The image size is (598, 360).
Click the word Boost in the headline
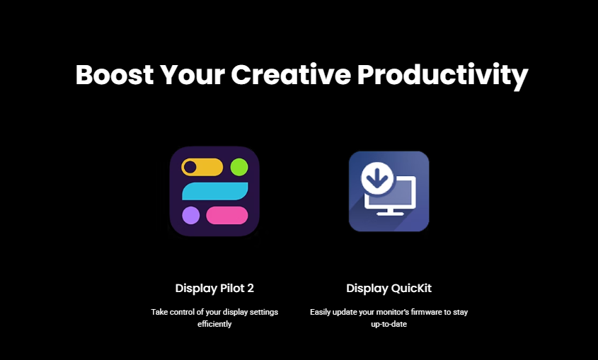click(115, 74)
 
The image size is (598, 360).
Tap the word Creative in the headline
click(291, 74)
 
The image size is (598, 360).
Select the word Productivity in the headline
click(442, 76)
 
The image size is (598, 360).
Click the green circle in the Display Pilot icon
click(239, 167)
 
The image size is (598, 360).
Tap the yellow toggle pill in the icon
click(202, 167)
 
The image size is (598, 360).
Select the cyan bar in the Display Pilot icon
click(214, 191)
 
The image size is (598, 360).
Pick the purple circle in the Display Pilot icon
click(190, 216)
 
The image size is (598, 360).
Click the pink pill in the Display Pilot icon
click(227, 216)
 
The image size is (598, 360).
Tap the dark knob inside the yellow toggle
click(190, 167)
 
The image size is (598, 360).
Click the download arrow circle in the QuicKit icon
click(377, 179)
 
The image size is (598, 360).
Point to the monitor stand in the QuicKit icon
click(390, 211)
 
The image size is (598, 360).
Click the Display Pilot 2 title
click(214, 289)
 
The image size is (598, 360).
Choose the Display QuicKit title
click(389, 289)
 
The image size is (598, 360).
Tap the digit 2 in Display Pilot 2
click(251, 288)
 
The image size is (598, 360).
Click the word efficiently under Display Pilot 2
click(214, 324)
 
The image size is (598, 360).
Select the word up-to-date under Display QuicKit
click(389, 324)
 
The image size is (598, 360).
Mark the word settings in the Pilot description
click(263, 313)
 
